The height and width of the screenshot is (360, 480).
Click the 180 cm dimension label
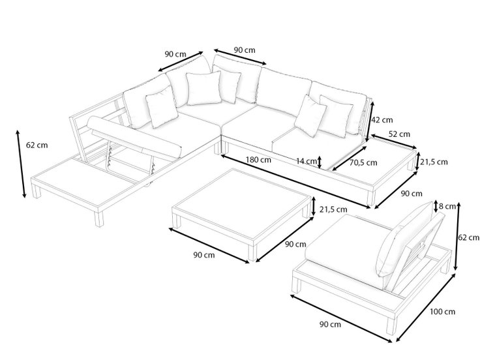click(x=258, y=160)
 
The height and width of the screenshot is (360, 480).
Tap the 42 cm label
click(x=382, y=120)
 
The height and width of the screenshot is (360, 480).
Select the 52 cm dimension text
click(x=399, y=134)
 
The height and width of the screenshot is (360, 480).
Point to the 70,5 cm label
click(x=363, y=163)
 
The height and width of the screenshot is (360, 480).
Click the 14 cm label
click(x=307, y=161)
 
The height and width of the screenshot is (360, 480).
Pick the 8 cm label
click(x=447, y=206)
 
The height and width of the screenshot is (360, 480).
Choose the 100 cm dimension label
click(x=443, y=312)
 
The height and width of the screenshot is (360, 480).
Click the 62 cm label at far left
click(x=37, y=145)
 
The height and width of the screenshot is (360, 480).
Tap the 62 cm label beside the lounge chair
click(x=469, y=237)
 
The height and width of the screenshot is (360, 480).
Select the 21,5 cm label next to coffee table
click(x=333, y=210)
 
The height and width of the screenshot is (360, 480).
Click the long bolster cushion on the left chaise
click(x=134, y=136)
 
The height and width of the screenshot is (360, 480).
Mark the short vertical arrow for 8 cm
click(x=436, y=207)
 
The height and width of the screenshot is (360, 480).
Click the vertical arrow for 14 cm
click(x=320, y=162)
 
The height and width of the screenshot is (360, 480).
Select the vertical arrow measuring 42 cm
click(x=370, y=122)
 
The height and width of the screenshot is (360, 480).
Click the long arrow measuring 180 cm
click(x=295, y=181)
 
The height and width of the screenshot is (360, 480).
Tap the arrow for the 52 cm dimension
click(x=394, y=142)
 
